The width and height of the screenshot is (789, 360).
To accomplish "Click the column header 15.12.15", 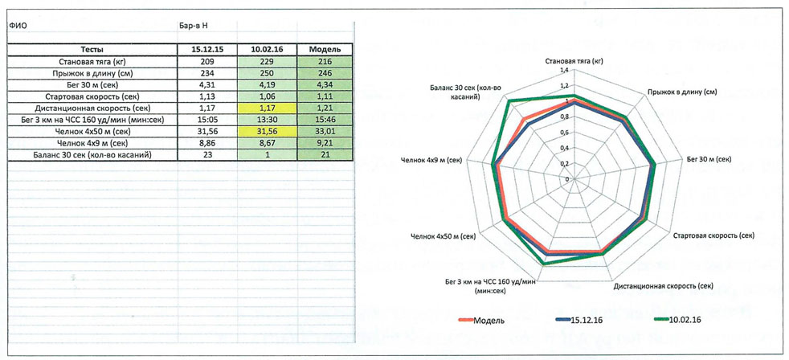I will [x=208, y=49].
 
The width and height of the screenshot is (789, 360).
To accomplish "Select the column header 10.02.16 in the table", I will [x=268, y=49].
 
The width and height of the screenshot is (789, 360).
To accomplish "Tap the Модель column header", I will [x=325, y=49].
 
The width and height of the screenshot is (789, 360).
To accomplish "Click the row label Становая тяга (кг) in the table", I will [x=92, y=61].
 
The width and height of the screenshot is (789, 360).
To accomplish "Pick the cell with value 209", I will [x=208, y=61].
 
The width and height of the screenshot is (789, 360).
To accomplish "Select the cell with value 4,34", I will [x=325, y=84].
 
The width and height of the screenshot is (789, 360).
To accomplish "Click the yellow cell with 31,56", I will [x=268, y=131].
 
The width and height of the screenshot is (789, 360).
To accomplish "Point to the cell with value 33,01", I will [x=325, y=131].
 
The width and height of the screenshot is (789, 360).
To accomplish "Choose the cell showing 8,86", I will [x=208, y=142].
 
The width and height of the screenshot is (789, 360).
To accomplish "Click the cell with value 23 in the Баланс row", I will [x=208, y=154].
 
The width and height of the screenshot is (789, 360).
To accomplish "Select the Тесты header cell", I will [x=92, y=49].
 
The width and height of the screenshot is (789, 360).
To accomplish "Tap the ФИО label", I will [x=18, y=25].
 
